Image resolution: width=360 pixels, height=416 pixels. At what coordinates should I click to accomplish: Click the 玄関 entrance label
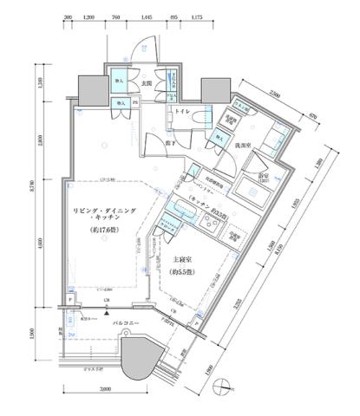coord(147,84)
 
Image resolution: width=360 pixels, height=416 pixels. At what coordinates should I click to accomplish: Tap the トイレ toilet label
coord(183,112)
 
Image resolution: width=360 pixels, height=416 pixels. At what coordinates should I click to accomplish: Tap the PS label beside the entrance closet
coord(135,102)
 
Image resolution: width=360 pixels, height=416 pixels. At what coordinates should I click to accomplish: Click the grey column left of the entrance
coord(91,88)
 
